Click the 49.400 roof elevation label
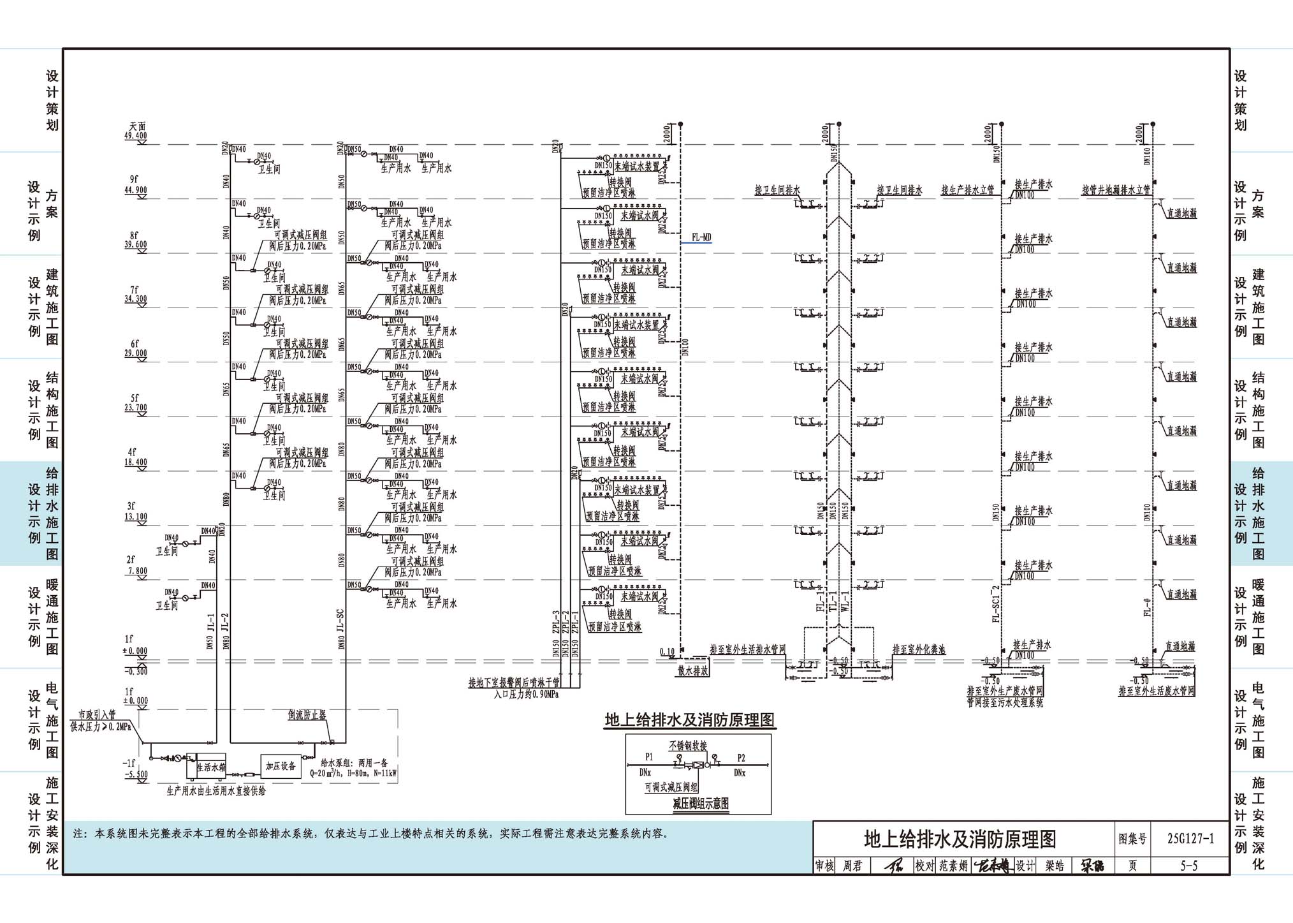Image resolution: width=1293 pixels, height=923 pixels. [135, 136]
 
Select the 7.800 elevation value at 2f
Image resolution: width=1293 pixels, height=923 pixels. [136, 572]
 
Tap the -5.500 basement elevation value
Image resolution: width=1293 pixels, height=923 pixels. [135, 774]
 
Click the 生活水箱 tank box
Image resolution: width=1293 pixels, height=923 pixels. [210, 767]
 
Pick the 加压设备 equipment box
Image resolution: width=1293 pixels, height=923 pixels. [281, 766]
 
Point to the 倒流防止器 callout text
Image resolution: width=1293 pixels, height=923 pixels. [307, 715]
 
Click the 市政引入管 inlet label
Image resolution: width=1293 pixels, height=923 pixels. [97, 715]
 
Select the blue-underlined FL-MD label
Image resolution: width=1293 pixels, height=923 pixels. [701, 238]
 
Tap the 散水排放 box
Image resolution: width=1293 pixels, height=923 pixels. [693, 671]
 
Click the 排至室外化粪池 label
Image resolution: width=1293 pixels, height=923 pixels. [919, 650]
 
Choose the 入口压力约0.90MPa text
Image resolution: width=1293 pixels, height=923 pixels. [526, 695]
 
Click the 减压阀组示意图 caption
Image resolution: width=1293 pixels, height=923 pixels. [701, 804]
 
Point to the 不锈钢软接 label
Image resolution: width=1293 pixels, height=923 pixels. [688, 746]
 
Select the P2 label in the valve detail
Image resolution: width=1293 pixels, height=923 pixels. [741, 758]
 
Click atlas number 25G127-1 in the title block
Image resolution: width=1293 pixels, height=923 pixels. [1190, 839]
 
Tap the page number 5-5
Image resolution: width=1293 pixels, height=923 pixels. [1188, 866]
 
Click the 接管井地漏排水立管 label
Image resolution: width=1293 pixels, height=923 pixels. [1116, 190]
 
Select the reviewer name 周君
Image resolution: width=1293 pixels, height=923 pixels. [852, 866]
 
